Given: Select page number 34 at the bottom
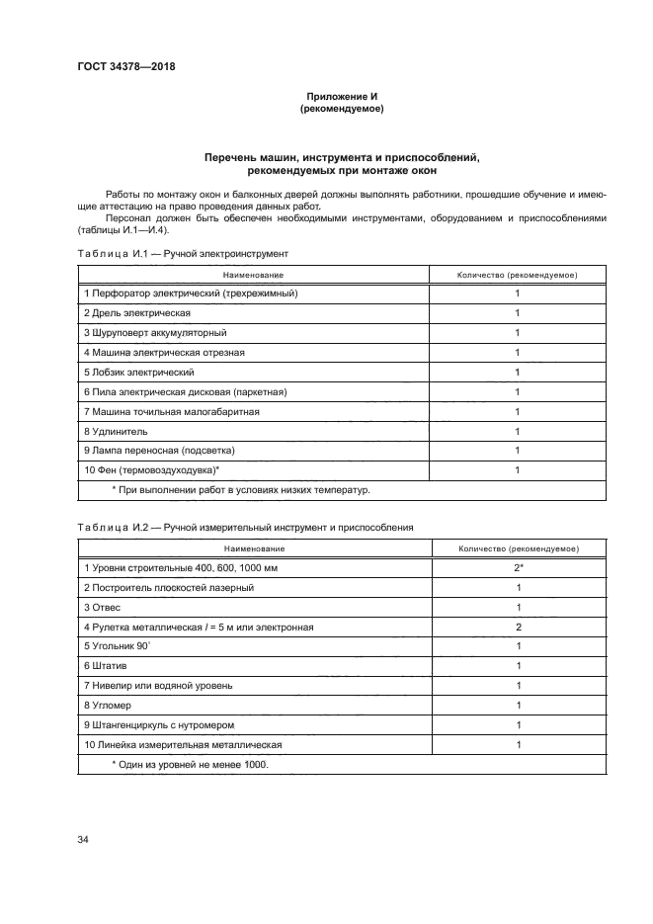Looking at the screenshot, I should [83, 839].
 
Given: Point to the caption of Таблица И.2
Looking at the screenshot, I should [245, 528].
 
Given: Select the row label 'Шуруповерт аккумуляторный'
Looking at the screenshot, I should [156, 332].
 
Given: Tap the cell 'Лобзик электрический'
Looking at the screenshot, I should [139, 372].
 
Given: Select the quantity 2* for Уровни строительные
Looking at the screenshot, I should [518, 567].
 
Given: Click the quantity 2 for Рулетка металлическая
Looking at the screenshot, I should [518, 627].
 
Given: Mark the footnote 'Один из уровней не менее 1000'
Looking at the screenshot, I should [190, 764].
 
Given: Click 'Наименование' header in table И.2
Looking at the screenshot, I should [254, 547].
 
